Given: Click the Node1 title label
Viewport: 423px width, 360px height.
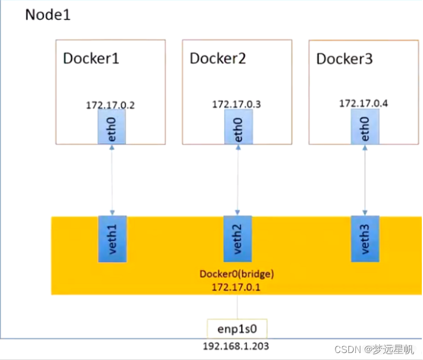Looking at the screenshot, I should click(48, 15).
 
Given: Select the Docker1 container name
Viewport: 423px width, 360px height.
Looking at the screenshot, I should click(91, 58).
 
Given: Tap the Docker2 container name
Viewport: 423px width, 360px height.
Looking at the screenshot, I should click(218, 58).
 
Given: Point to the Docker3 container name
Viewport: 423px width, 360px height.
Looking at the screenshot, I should click(344, 59).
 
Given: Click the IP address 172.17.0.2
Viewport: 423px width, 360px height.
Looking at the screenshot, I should click(111, 104).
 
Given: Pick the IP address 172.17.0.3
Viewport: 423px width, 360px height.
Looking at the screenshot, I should click(236, 104).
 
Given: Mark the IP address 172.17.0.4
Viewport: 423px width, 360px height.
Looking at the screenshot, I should click(364, 103).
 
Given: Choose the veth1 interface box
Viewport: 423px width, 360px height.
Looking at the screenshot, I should click(112, 239).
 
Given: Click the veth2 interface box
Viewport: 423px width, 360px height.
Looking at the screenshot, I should click(238, 239).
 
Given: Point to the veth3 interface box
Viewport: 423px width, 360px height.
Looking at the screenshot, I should click(365, 239).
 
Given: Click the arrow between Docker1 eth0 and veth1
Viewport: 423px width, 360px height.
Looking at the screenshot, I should click(112, 181).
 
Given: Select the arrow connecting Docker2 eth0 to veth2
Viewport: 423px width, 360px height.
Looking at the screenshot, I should click(238, 181).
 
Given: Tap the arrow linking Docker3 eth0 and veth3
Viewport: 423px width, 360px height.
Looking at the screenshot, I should click(365, 181).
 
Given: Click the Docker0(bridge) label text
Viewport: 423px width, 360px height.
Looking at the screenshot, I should click(237, 274).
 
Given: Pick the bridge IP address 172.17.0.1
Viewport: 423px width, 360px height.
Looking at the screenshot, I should click(237, 287).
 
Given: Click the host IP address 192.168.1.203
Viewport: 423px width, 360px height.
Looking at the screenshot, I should click(236, 347).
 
